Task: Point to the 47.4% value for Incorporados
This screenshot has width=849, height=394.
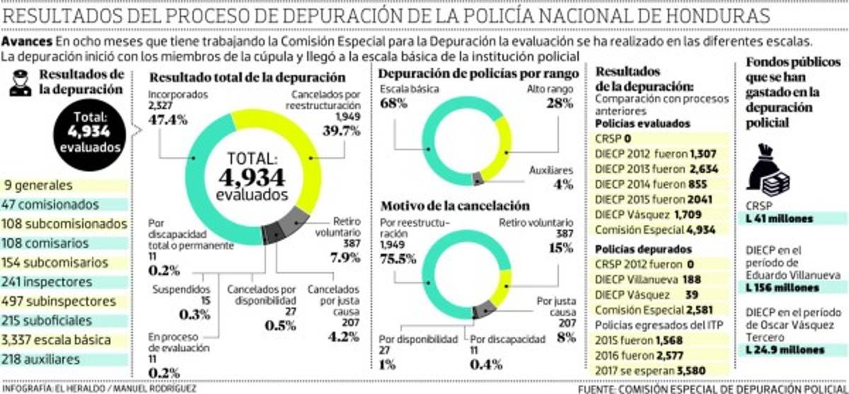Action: tap(168, 119)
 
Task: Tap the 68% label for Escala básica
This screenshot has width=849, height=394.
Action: tap(394, 104)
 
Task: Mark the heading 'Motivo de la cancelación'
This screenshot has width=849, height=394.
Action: tap(455, 206)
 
